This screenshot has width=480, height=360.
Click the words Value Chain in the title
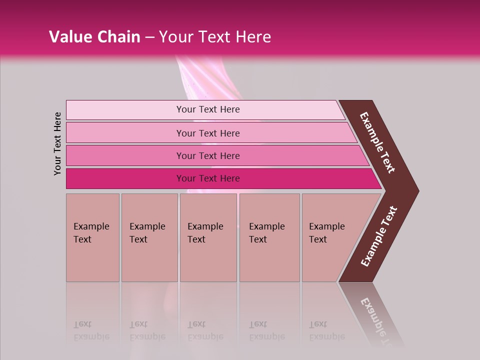tap(94, 37)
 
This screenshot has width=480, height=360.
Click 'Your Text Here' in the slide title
tap(215, 37)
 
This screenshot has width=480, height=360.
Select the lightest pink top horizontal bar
tap(125, 110)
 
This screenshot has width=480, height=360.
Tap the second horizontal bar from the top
tap(125, 133)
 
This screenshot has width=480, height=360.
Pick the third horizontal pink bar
tap(125, 155)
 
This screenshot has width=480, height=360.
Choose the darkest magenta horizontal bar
tap(125, 178)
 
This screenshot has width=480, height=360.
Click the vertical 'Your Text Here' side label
tap(57, 143)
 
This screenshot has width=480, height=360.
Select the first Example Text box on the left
tap(92, 237)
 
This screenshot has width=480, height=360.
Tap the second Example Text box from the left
tap(149, 237)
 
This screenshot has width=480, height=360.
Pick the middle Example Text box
tap(208, 237)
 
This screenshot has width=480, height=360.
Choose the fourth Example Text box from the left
tap(269, 237)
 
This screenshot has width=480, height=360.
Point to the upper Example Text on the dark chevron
tap(378, 142)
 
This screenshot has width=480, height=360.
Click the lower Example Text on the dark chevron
tap(379, 236)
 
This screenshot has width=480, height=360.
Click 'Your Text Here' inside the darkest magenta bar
tap(208, 178)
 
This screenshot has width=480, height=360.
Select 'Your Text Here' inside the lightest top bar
tap(208, 109)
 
